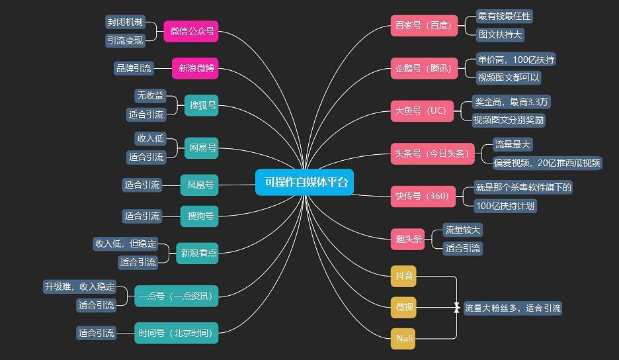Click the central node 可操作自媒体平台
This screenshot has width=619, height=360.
tap(304, 182)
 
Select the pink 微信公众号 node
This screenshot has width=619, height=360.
tap(191, 31)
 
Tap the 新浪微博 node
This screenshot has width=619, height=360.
tap(195, 68)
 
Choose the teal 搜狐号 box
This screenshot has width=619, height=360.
tap(201, 105)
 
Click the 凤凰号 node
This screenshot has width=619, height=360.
tap(199, 185)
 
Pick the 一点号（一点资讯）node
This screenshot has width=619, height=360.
tap(176, 296)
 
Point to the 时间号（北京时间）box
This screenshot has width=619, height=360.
tap(176, 333)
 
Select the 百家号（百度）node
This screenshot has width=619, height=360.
tap(424, 26)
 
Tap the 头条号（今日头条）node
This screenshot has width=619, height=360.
tap(433, 154)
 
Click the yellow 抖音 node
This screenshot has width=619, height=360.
tap(403, 276)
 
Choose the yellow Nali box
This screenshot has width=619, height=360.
tap(403, 339)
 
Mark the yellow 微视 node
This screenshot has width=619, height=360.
tap(403, 308)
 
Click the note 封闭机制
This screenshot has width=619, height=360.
tap(125, 22)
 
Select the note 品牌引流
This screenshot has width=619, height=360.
tap(134, 68)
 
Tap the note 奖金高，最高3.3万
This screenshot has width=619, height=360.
tap(511, 102)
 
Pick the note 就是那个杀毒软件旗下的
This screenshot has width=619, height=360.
tap(524, 187)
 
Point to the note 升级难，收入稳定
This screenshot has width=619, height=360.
tap(80, 287)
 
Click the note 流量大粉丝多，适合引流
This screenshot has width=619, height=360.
tap(513, 308)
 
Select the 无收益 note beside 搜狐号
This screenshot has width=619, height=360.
tap(150, 96)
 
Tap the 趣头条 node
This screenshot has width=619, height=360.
tap(408, 239)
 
